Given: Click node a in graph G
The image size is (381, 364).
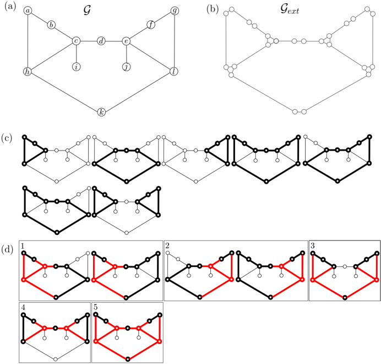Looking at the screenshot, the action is pyautogui.click(x=28, y=10).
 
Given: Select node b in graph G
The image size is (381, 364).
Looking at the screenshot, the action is pyautogui.click(x=51, y=25).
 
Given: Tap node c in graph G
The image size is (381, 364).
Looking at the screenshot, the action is pyautogui.click(x=77, y=41).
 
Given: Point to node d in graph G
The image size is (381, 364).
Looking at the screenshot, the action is pyautogui.click(x=101, y=41).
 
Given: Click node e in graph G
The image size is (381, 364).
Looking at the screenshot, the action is pyautogui.click(x=126, y=41).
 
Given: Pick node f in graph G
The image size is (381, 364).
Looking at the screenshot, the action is pyautogui.click(x=151, y=25).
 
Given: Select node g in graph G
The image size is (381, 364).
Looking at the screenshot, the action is pyautogui.click(x=175, y=10).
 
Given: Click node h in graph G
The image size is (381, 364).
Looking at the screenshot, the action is pyautogui.click(x=28, y=72).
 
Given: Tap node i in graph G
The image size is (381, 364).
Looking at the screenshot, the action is pyautogui.click(x=77, y=67).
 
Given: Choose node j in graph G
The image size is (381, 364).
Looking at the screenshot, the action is pyautogui.click(x=126, y=67).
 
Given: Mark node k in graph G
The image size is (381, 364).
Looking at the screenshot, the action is pyautogui.click(x=101, y=113).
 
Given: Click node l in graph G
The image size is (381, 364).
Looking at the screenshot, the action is pyautogui.click(x=174, y=72).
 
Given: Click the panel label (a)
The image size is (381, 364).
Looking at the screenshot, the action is pyautogui.click(x=10, y=7).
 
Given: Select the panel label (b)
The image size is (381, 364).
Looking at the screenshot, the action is pyautogui.click(x=213, y=9).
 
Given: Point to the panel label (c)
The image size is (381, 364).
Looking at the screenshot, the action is pyautogui.click(x=7, y=138).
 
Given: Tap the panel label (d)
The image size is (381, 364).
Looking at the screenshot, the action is pyautogui.click(x=7, y=250).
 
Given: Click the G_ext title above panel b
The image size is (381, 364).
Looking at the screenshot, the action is pyautogui.click(x=290, y=10).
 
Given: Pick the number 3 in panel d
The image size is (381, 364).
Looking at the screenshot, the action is pyautogui.click(x=313, y=245).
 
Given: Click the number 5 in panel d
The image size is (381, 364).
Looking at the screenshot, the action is pyautogui.click(x=96, y=307).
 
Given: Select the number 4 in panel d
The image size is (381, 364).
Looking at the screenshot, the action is pyautogui.click(x=23, y=307).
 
